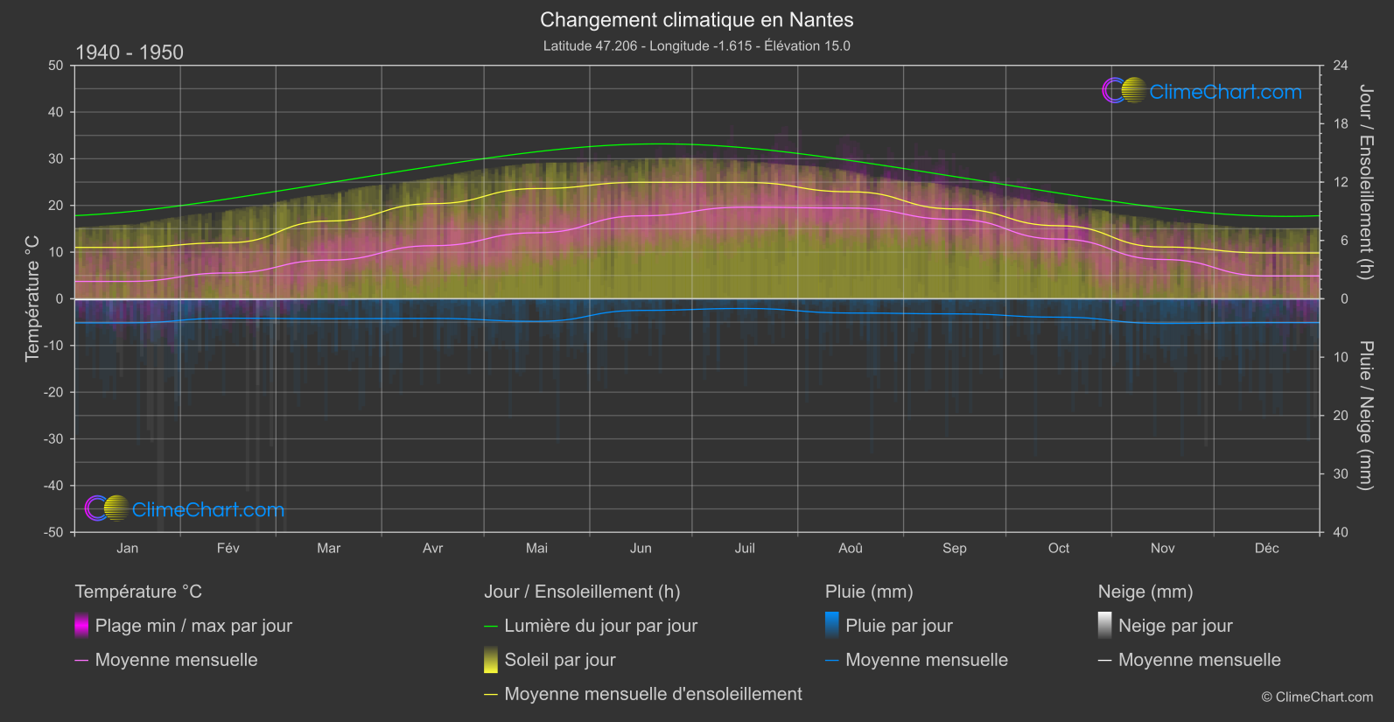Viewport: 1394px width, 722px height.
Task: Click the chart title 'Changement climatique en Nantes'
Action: [x=697, y=20]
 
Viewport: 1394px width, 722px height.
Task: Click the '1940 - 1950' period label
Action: [x=130, y=53]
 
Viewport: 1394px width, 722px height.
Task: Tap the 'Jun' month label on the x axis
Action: [x=641, y=549]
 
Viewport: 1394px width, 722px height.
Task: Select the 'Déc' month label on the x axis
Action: [x=1266, y=549]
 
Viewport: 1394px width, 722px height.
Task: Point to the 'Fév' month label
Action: [x=228, y=549]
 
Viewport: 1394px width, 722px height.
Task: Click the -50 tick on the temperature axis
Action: [x=55, y=532]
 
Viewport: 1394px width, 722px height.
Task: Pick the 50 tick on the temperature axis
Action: [x=57, y=66]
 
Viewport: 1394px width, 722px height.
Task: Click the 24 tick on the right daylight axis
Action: [x=1340, y=66]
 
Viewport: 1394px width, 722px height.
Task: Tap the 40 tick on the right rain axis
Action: [x=1340, y=532]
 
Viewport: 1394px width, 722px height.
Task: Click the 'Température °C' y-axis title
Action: [x=32, y=298]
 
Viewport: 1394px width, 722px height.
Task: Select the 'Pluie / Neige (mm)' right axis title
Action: [x=1365, y=416]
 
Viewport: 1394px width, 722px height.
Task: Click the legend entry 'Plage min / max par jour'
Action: [x=193, y=626]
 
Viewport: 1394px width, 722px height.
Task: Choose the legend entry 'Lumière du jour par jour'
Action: [x=600, y=626]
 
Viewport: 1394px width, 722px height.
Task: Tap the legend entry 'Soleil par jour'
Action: [x=559, y=660]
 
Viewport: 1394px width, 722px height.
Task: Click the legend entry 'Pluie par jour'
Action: [x=899, y=626]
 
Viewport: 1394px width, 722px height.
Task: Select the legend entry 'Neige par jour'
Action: [x=1175, y=626]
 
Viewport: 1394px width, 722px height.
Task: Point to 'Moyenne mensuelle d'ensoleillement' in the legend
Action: [x=653, y=694]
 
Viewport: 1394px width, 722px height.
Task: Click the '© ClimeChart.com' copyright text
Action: [x=1317, y=697]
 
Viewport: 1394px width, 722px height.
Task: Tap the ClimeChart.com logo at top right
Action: [x=1202, y=91]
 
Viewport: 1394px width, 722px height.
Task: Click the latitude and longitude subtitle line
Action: [x=697, y=46]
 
